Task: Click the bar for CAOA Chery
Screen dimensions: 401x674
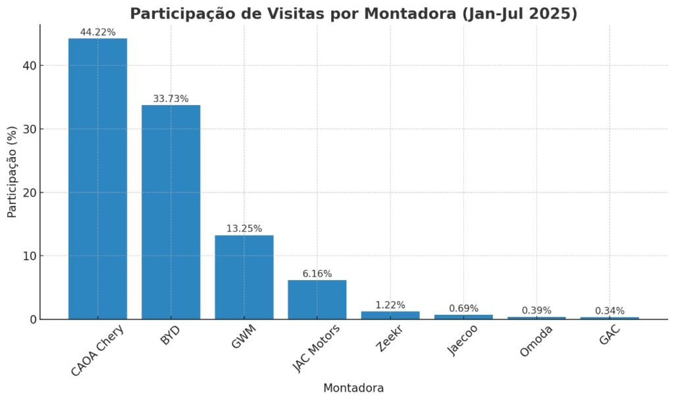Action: pos(97,179)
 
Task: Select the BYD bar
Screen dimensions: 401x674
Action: pos(170,212)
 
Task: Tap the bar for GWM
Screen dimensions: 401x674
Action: pos(244,277)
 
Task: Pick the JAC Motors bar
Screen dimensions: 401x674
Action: pos(317,300)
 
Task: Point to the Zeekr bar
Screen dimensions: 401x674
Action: pos(390,316)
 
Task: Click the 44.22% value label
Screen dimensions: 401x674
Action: pos(97,32)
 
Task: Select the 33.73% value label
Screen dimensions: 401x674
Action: pos(170,99)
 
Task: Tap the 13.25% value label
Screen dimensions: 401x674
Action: pos(244,229)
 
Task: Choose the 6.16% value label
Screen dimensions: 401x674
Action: pos(317,273)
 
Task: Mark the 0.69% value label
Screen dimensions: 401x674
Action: pos(463,308)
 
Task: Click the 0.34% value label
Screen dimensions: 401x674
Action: pos(609,310)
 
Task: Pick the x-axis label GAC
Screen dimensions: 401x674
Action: pos(610,337)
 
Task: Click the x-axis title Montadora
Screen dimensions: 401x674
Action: pos(353,388)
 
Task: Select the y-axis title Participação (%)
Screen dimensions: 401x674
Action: pos(13,172)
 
